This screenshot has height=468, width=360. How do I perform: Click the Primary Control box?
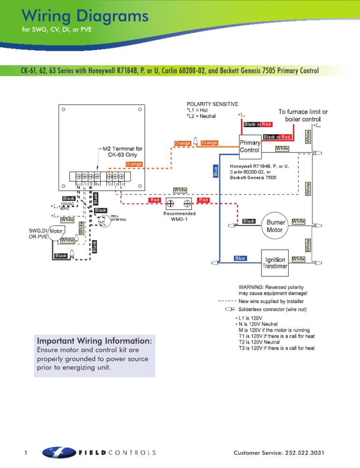pos(249,146)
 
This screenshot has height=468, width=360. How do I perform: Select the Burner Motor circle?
pos(274,226)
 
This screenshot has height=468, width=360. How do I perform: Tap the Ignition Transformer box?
pos(275,263)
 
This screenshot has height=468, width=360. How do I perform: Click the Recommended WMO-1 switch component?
pos(180,204)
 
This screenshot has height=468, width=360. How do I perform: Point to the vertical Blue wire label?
pos(216,172)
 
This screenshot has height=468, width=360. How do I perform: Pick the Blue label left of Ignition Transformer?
pos(240,258)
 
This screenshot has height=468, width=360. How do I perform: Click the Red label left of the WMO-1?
pos(155,200)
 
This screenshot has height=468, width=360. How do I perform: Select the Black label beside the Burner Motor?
pos(249,221)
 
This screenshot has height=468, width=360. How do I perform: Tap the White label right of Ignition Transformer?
pos(298,259)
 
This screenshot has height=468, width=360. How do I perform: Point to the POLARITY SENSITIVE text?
pos(212,104)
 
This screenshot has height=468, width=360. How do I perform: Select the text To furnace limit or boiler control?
pos(303,115)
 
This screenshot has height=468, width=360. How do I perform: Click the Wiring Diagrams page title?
pos(85,17)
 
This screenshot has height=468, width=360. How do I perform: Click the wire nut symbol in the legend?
pos(230,309)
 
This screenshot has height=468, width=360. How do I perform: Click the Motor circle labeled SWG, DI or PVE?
pos(57,231)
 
